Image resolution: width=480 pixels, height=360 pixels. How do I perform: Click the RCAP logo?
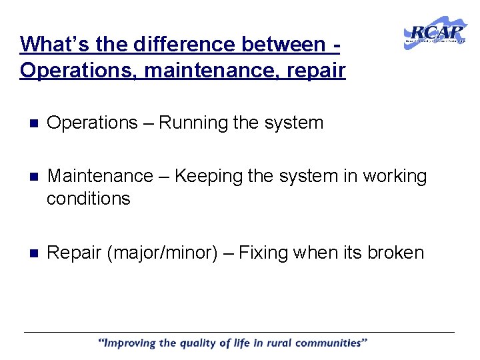click(435, 33)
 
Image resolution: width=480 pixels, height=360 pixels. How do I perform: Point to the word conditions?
click(89, 199)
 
